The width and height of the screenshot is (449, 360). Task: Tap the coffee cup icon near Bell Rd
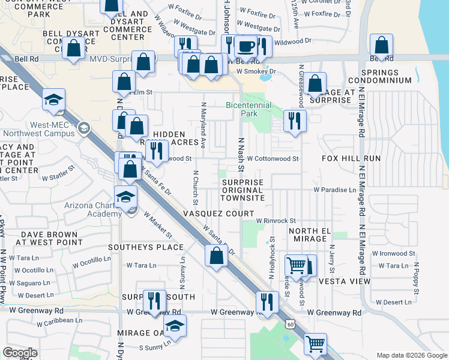(x=245, y=46)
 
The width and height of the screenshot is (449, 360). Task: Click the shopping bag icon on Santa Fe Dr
(x=216, y=256)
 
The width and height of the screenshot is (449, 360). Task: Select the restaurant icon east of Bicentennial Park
(x=294, y=121)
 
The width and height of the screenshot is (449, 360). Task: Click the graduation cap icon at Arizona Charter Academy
(x=125, y=197)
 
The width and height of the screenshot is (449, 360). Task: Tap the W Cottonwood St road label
(x=273, y=158)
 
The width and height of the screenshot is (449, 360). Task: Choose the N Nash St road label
(x=241, y=152)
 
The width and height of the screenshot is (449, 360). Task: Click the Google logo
(x=20, y=353)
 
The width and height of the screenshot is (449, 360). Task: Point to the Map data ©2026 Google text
(x=411, y=355)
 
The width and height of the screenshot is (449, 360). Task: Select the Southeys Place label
(x=146, y=247)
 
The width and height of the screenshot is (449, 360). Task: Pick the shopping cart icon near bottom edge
(x=315, y=344)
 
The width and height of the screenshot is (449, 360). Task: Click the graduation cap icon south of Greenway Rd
(x=175, y=325)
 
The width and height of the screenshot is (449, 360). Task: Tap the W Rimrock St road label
(x=276, y=221)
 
